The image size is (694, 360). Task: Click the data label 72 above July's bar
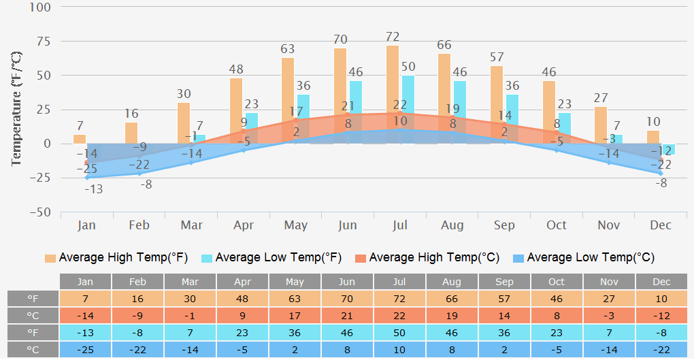393,37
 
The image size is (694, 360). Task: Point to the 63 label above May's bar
288,49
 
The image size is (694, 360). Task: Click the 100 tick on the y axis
41,7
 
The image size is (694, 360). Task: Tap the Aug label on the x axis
452,225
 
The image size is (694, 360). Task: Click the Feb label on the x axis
139,225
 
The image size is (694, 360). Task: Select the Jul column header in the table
399,282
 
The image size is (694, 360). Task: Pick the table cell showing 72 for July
399,299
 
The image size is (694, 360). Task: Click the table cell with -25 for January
86,349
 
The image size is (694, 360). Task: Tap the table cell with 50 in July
399,332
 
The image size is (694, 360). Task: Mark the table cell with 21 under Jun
347,316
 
